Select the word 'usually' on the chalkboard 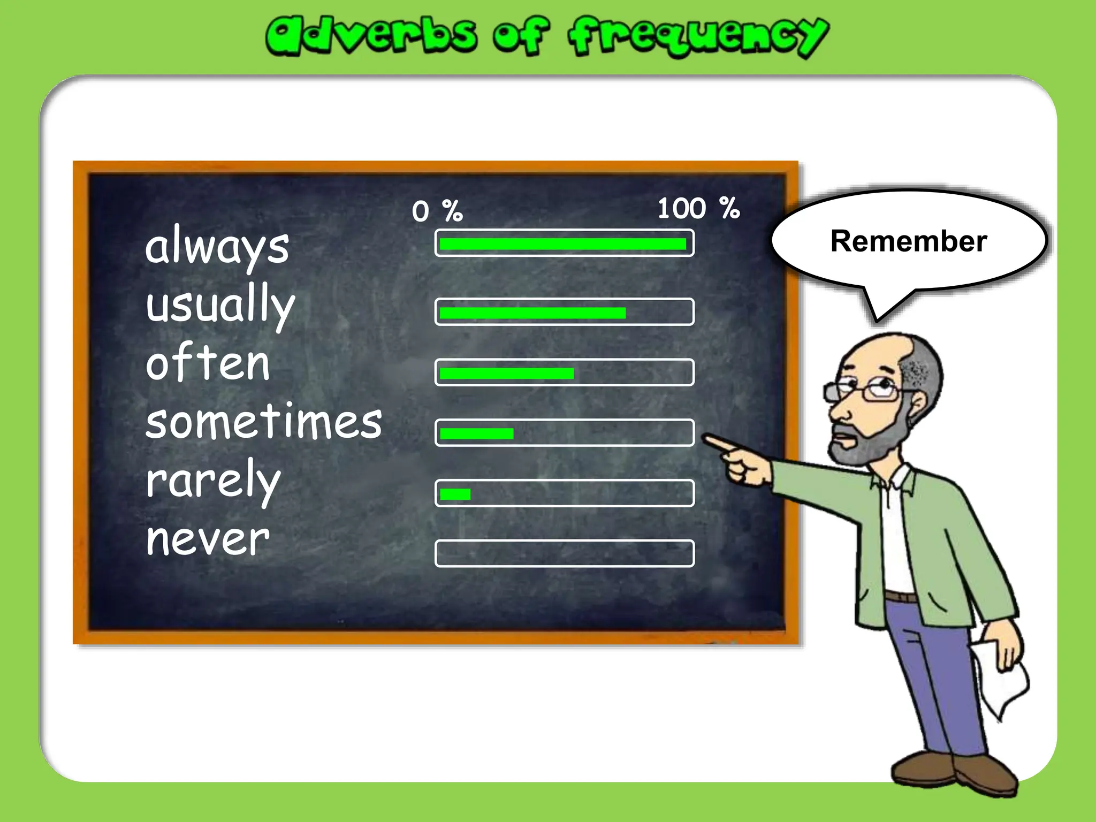point(220,305)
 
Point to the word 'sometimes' point(264,423)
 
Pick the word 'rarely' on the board point(213,481)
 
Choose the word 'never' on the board point(208,539)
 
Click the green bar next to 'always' point(562,244)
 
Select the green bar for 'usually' point(532,313)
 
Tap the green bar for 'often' point(506,374)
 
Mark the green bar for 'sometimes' point(476,433)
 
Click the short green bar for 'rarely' point(455,494)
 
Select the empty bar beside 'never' point(565,553)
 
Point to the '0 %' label point(437,211)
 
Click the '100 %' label point(698,208)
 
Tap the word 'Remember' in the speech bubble point(908,241)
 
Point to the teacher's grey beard point(867,442)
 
